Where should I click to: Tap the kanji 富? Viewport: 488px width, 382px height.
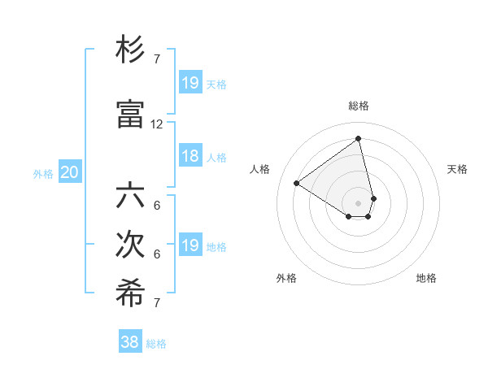(x=131, y=115)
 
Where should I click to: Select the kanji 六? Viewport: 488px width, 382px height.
(x=131, y=198)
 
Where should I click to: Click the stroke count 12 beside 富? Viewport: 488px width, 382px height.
(x=157, y=124)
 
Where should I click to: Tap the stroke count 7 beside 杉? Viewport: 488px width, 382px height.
(x=157, y=59)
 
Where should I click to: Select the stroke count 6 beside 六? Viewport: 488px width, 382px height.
(x=157, y=206)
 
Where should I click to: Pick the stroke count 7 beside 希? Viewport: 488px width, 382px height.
(x=157, y=304)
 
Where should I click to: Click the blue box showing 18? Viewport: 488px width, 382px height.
(x=190, y=156)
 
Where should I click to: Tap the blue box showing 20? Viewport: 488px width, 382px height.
(x=70, y=172)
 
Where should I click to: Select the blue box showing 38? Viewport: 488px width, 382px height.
(x=130, y=342)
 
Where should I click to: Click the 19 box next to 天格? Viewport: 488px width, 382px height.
(x=190, y=83)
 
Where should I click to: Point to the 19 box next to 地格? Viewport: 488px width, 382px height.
(x=190, y=245)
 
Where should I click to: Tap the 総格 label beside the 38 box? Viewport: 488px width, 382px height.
(x=156, y=344)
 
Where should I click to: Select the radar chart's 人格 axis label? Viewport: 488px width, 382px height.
(x=260, y=169)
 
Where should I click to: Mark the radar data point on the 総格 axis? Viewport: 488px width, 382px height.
(x=358, y=138)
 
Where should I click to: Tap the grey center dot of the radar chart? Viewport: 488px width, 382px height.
(x=358, y=202)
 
